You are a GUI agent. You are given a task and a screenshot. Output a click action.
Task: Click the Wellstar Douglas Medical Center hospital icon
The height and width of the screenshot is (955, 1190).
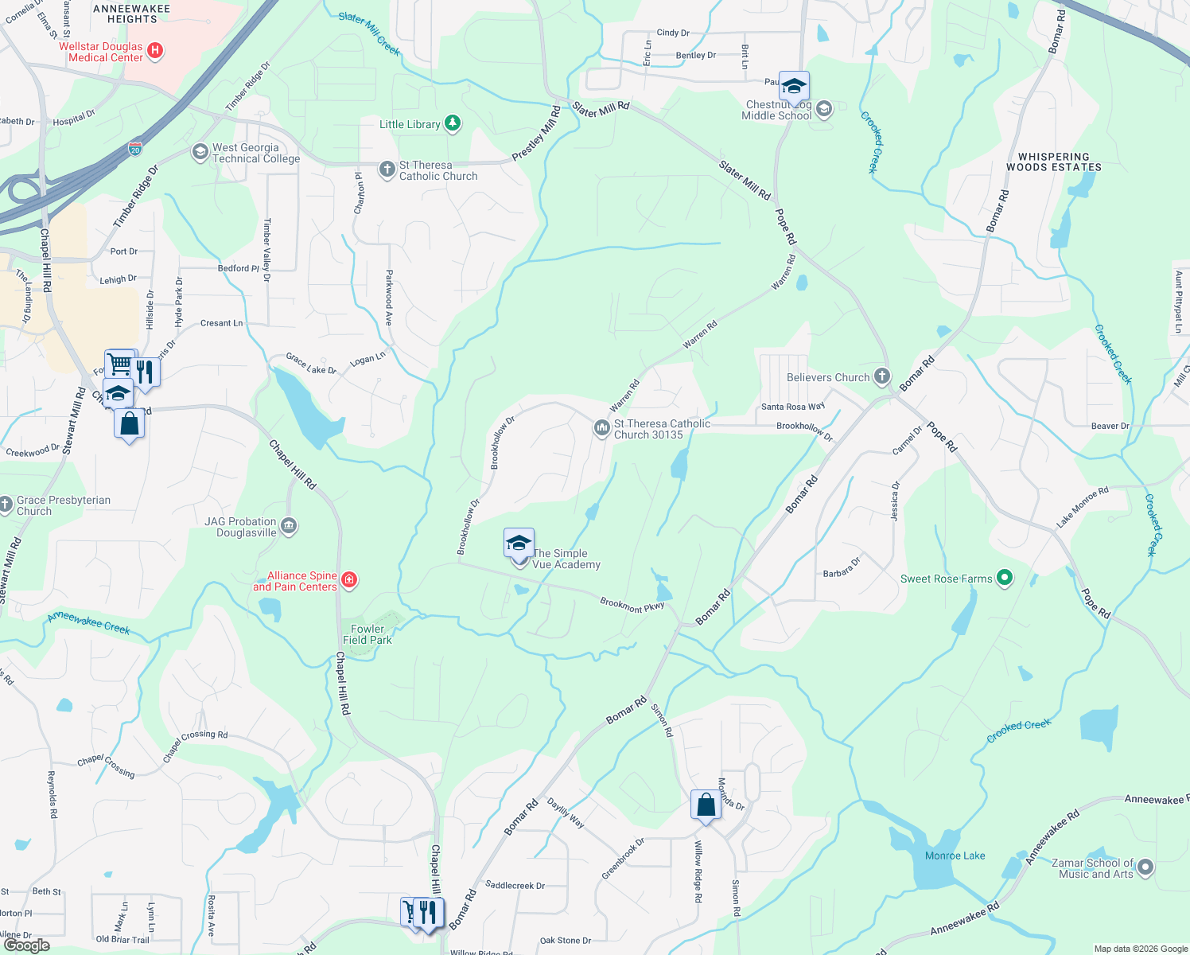tap(155, 52)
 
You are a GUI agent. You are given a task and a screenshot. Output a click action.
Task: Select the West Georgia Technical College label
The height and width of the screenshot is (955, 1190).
tap(255, 153)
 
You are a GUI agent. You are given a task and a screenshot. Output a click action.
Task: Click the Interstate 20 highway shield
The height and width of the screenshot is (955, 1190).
tap(135, 149)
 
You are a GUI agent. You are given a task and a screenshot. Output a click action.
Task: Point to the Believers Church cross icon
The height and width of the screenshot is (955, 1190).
tap(881, 376)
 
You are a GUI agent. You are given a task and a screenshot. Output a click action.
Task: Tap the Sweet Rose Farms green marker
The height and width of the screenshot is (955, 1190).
tap(1005, 579)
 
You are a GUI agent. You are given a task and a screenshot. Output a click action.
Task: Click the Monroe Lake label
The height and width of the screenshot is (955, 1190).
tap(955, 856)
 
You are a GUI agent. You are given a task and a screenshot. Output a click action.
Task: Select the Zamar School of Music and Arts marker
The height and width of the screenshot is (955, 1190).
tap(1145, 867)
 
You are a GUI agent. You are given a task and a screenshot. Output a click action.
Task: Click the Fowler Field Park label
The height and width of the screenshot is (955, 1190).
tap(367, 634)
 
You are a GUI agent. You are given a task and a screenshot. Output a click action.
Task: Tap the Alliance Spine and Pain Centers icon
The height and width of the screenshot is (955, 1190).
tap(348, 580)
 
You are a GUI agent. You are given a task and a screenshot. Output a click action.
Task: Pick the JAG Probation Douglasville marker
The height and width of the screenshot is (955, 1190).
tap(289, 526)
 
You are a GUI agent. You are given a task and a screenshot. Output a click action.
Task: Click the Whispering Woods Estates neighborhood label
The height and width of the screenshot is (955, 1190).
tap(1053, 162)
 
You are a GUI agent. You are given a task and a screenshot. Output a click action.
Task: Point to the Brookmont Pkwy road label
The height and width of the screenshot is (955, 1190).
tap(632, 605)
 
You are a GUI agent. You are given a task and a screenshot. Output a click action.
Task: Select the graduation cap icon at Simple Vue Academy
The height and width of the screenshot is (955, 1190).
tap(519, 544)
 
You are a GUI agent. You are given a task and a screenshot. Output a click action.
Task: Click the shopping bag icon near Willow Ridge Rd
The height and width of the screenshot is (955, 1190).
tap(706, 805)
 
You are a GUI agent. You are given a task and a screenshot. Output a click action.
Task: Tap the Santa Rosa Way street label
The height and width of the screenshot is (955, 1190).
tap(792, 407)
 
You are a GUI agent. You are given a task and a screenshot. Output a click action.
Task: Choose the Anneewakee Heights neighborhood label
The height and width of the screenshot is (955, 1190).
tap(132, 14)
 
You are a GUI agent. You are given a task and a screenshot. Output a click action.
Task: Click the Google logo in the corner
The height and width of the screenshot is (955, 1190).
tap(26, 945)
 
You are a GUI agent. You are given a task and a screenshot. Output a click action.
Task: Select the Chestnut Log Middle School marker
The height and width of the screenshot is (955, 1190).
tap(824, 109)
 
